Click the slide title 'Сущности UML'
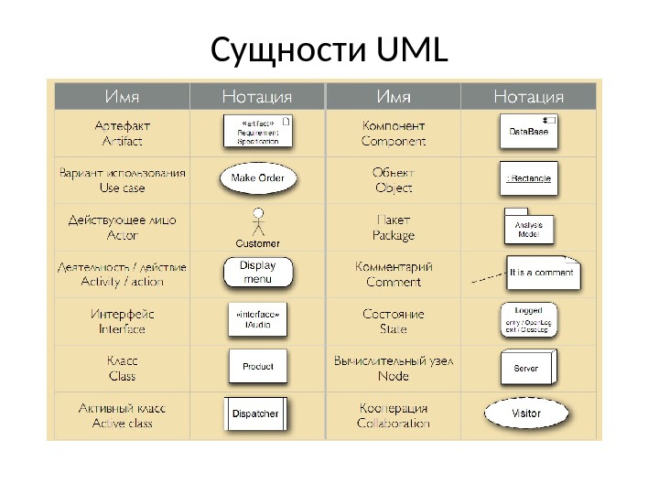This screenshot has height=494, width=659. pyautogui.click(x=329, y=52)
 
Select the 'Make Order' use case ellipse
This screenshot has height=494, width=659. pyautogui.click(x=258, y=177)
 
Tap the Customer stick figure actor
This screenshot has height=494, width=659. pyautogui.click(x=258, y=224)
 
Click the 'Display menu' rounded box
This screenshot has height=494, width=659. pyautogui.click(x=257, y=272)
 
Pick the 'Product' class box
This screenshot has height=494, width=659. pyautogui.click(x=258, y=366)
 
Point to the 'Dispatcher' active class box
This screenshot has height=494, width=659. pyautogui.click(x=255, y=413)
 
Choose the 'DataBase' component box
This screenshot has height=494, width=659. pyautogui.click(x=530, y=132)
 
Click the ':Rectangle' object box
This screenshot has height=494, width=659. pyautogui.click(x=529, y=178)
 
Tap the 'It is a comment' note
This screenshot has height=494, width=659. pyautogui.click(x=543, y=273)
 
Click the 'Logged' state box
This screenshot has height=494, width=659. pyautogui.click(x=529, y=319)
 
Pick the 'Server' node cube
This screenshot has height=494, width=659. pyautogui.click(x=527, y=367)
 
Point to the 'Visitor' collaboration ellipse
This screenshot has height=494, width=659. pyautogui.click(x=526, y=413)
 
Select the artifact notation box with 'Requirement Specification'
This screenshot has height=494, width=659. pyautogui.click(x=258, y=131)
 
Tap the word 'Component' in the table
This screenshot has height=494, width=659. pyautogui.click(x=394, y=142)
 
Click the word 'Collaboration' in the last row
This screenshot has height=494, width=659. pyautogui.click(x=394, y=424)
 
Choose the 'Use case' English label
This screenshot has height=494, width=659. pyautogui.click(x=122, y=188)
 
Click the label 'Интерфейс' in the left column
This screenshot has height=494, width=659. pyautogui.click(x=122, y=314)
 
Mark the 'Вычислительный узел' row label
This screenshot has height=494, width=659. pyautogui.click(x=394, y=360)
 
